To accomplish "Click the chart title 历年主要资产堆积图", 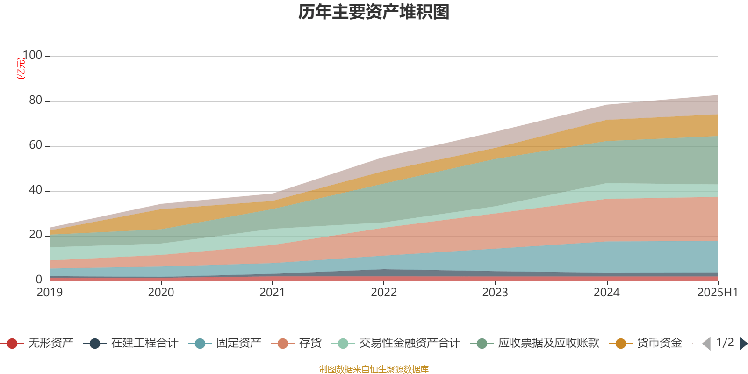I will click(x=374, y=12).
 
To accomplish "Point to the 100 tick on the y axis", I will click(x=32, y=56).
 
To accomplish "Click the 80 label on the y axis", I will click(x=36, y=101).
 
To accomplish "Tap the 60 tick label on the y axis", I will click(x=36, y=145).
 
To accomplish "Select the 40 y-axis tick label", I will click(x=36, y=190).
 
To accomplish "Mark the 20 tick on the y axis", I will click(x=36, y=235).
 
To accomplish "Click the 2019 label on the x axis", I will click(x=50, y=293).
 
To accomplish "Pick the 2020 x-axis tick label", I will click(x=161, y=293).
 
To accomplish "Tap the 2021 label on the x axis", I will click(x=272, y=293).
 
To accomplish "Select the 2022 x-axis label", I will click(x=384, y=293).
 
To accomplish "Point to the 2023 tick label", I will click(x=495, y=293).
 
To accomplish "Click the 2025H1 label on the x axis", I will click(x=717, y=293).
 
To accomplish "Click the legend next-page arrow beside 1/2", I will click(x=743, y=344).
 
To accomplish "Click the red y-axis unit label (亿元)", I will click(x=21, y=68).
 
